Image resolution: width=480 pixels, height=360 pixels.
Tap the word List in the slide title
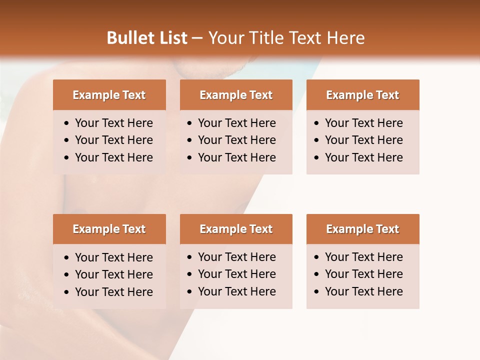click(172, 38)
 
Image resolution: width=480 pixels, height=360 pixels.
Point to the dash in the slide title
click(197, 38)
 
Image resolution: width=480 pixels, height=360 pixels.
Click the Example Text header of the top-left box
click(109, 95)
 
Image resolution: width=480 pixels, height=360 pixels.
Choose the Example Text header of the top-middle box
click(236, 95)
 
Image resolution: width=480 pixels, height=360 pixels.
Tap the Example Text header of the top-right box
click(362, 95)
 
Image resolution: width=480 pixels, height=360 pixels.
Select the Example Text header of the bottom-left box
click(109, 229)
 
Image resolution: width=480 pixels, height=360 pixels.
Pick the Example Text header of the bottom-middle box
click(236, 229)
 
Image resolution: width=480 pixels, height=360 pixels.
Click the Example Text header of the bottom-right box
click(362, 229)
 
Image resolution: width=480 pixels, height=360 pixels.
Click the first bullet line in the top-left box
click(113, 123)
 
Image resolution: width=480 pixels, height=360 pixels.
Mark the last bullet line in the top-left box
click(113, 157)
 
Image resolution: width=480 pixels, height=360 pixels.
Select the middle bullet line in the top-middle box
click(236, 140)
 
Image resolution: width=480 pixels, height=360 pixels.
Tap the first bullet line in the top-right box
click(363, 123)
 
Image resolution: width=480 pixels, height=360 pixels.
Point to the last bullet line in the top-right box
click(363, 157)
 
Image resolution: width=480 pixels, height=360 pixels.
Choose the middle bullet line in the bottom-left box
click(113, 274)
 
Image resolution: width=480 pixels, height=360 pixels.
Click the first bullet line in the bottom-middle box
click(236, 257)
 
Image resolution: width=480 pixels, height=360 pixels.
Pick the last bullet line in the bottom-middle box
click(236, 291)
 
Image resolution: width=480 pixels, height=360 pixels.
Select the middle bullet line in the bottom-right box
click(363, 274)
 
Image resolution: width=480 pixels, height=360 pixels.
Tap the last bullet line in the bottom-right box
click(363, 291)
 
